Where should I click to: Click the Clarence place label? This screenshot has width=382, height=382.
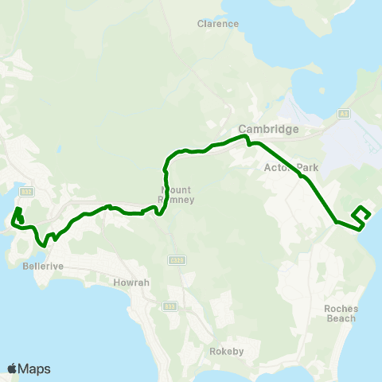coord(218,24)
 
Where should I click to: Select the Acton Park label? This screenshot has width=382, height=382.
coord(290,168)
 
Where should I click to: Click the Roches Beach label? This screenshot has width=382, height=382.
coord(341,314)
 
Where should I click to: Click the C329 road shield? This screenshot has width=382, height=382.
coord(177,260)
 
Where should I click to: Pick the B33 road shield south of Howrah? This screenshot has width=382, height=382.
coord(169,306)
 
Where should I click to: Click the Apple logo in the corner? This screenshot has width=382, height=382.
coord(12,368)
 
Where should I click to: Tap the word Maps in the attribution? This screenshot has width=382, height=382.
coord(34,368)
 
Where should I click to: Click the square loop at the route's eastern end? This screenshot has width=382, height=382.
coord(361,213)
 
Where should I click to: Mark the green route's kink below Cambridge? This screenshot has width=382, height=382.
coord(248,143)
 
